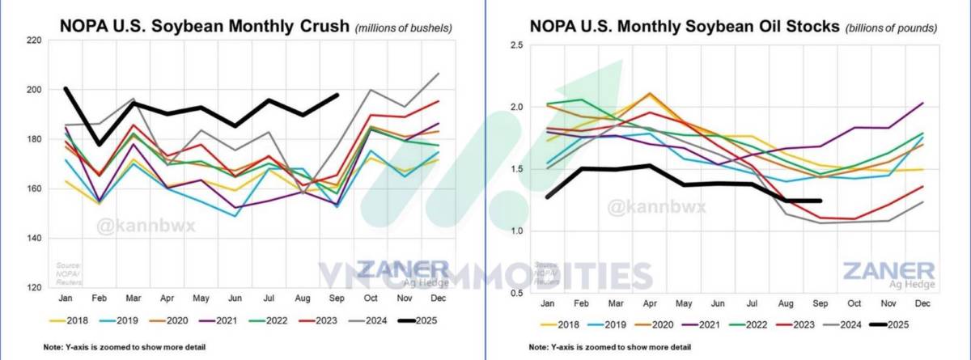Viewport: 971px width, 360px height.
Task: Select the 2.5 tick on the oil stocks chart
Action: pos(516,45)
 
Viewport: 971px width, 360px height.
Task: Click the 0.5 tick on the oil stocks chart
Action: pos(516,293)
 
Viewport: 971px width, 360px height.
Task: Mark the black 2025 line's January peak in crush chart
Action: pos(66,88)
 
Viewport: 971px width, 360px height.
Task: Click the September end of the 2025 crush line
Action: pos(337,95)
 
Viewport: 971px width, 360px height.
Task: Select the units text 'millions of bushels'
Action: pos(404,28)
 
